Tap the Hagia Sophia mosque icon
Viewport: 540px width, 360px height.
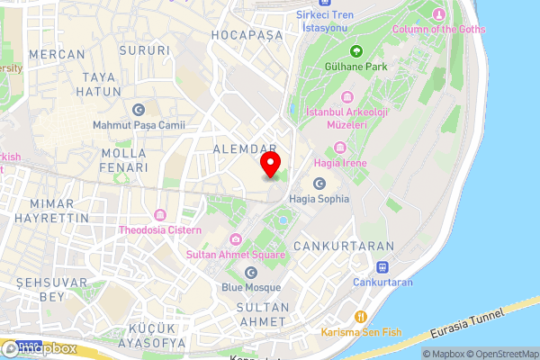click(319, 184)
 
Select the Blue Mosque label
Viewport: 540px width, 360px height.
click(251, 287)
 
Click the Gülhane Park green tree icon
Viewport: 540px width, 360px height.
click(356, 50)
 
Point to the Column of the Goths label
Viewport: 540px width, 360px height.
click(439, 29)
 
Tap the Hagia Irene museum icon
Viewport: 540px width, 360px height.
click(339, 148)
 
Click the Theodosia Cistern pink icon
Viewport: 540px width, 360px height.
click(160, 215)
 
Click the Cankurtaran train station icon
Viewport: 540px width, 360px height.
click(382, 267)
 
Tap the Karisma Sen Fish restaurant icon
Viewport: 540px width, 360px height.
click(360, 317)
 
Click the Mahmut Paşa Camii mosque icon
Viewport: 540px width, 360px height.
click(138, 110)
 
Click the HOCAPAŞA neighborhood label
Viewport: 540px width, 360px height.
click(246, 34)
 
